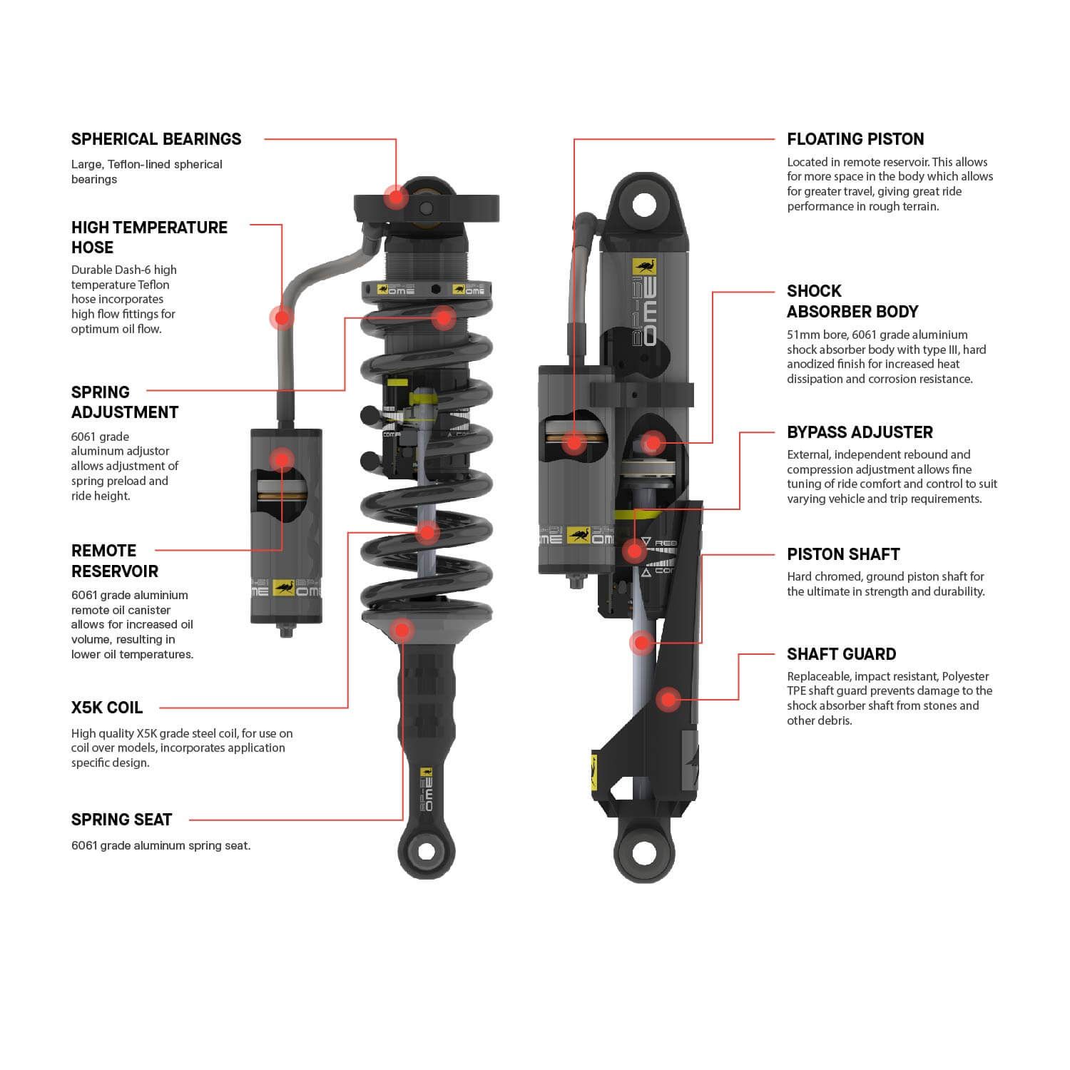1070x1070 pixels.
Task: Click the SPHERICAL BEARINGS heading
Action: click(x=156, y=139)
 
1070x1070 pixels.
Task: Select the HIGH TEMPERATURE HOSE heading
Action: click(x=149, y=237)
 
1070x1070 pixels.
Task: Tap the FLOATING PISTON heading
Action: click(x=855, y=139)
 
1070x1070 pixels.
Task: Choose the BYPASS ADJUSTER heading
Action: click(x=860, y=432)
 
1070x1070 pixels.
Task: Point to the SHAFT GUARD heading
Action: click(x=841, y=654)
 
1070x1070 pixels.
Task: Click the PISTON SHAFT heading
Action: click(x=843, y=554)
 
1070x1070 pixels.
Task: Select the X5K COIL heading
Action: click(x=107, y=708)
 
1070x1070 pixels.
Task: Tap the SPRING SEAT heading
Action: click(x=121, y=820)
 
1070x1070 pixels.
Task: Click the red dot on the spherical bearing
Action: click(x=395, y=196)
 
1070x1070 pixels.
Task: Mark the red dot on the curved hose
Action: click(x=282, y=317)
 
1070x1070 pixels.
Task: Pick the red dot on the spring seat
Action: click(x=402, y=630)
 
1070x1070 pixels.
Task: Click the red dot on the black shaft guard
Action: click(x=668, y=700)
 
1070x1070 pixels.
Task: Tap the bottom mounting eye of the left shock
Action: click(x=426, y=851)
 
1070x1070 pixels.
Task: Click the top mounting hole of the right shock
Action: click(x=643, y=205)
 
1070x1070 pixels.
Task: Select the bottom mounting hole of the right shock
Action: click(x=643, y=852)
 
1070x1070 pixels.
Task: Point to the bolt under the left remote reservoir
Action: click(x=286, y=631)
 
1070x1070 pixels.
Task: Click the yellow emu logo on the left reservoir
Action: click(x=283, y=587)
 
